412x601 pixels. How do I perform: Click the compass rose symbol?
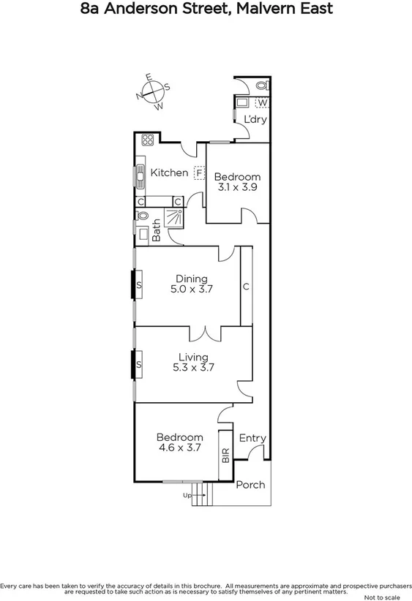tap(152, 91)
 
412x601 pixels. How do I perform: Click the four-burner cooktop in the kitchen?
tap(147, 140)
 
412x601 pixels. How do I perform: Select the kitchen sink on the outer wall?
tap(138, 175)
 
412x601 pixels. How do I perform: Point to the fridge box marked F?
tap(198, 173)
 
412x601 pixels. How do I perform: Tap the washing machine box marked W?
tap(261, 102)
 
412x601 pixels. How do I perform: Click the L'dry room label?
tap(255, 118)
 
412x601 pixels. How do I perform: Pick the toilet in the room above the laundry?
tap(263, 86)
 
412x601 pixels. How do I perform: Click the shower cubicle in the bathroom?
tap(174, 216)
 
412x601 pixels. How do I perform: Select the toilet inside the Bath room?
tap(143, 216)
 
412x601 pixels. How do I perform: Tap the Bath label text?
tap(156, 231)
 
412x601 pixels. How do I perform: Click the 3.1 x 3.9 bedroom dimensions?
tap(236, 188)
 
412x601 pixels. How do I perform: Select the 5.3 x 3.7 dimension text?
tap(192, 368)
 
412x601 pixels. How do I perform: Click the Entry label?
tap(252, 438)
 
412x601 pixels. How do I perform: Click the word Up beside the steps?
tap(187, 496)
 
